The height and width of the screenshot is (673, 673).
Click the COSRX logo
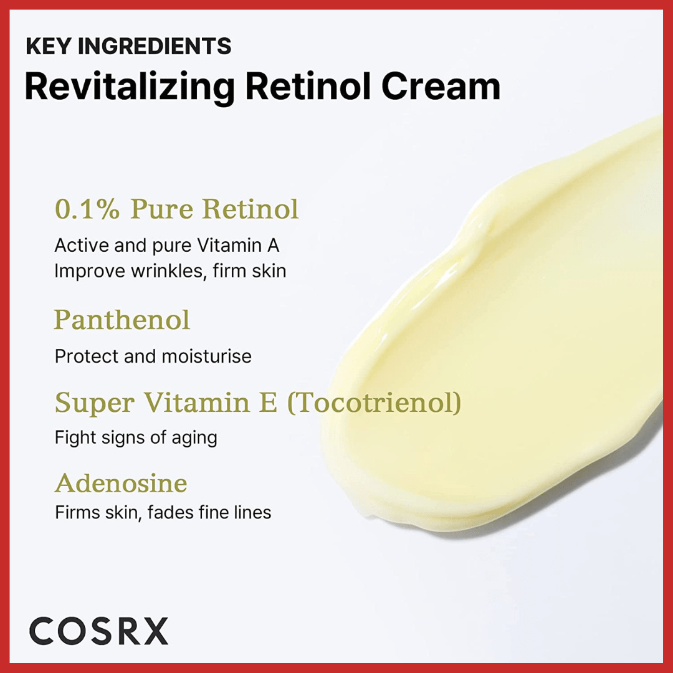pyautogui.click(x=98, y=631)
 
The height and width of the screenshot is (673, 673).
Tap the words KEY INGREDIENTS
pyautogui.click(x=128, y=46)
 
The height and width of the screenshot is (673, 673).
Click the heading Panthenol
pyautogui.click(x=122, y=320)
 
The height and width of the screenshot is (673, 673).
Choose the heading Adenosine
pyautogui.click(x=121, y=484)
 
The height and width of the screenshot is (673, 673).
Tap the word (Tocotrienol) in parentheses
pyautogui.click(x=374, y=403)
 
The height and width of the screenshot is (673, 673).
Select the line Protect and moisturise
pyautogui.click(x=153, y=356)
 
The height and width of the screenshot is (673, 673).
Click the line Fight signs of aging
pyautogui.click(x=136, y=437)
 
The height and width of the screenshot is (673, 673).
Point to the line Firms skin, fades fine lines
pyautogui.click(x=163, y=512)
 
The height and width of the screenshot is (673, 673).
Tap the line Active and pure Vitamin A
pyautogui.click(x=167, y=245)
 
